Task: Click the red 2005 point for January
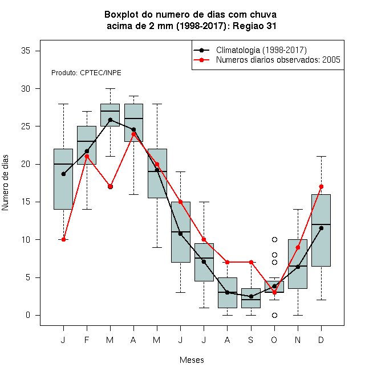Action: click(x=63, y=239)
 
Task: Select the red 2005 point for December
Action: click(x=321, y=186)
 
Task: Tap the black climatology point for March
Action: click(x=110, y=120)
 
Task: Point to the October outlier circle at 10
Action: click(x=274, y=239)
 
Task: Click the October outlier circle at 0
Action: click(x=274, y=315)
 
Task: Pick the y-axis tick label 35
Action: click(x=26, y=51)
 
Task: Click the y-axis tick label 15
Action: click(x=26, y=202)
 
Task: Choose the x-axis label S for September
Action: click(x=251, y=340)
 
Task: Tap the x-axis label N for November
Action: click(x=298, y=340)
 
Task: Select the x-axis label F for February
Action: click(x=87, y=340)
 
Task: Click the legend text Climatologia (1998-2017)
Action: click(x=261, y=50)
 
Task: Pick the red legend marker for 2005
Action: click(x=201, y=60)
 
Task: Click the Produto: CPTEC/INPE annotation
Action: click(x=86, y=73)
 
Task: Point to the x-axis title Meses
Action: click(x=192, y=360)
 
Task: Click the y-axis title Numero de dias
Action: click(x=5, y=183)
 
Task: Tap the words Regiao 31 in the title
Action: click(x=254, y=26)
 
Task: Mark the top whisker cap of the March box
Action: click(x=110, y=88)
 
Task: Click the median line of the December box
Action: click(x=321, y=224)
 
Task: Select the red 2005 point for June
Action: click(x=180, y=202)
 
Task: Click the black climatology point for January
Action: click(x=63, y=174)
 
